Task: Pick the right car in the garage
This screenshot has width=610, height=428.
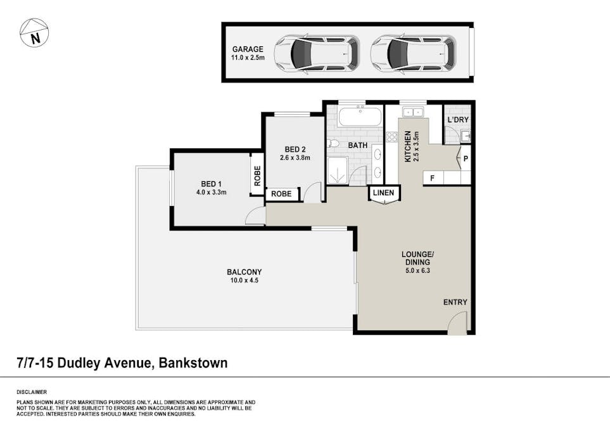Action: click(x=412, y=53)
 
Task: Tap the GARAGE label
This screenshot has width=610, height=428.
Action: click(x=247, y=49)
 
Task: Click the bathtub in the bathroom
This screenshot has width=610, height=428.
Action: click(x=359, y=117)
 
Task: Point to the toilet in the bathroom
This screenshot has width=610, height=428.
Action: click(x=333, y=144)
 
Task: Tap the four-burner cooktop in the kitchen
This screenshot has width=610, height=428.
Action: click(x=391, y=137)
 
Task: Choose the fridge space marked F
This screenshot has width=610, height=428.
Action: click(x=432, y=178)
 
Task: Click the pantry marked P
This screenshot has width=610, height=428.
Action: click(x=465, y=159)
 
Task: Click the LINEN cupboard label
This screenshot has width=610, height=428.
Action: click(x=384, y=193)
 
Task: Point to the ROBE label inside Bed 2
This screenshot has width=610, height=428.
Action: click(x=281, y=194)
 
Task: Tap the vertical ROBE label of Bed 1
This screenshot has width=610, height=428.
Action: click(x=257, y=175)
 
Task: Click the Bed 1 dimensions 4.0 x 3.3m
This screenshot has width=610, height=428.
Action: click(x=210, y=192)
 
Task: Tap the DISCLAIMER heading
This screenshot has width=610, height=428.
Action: click(x=32, y=392)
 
